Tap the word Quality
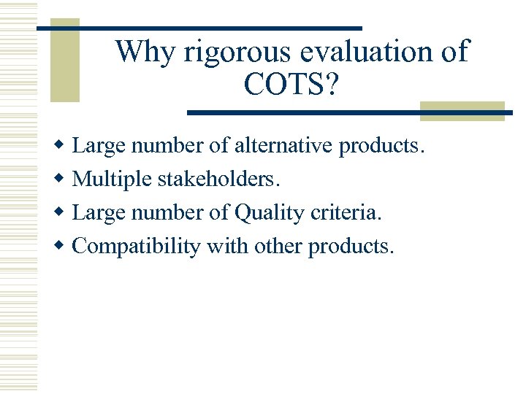click(269, 213)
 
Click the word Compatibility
click(137, 247)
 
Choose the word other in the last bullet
click(278, 247)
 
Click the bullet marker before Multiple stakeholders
click(61, 179)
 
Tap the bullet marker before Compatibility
click(61, 247)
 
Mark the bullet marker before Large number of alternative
click(61, 146)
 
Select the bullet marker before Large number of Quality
click(61, 213)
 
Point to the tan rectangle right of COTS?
click(462, 110)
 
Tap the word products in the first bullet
click(381, 146)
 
